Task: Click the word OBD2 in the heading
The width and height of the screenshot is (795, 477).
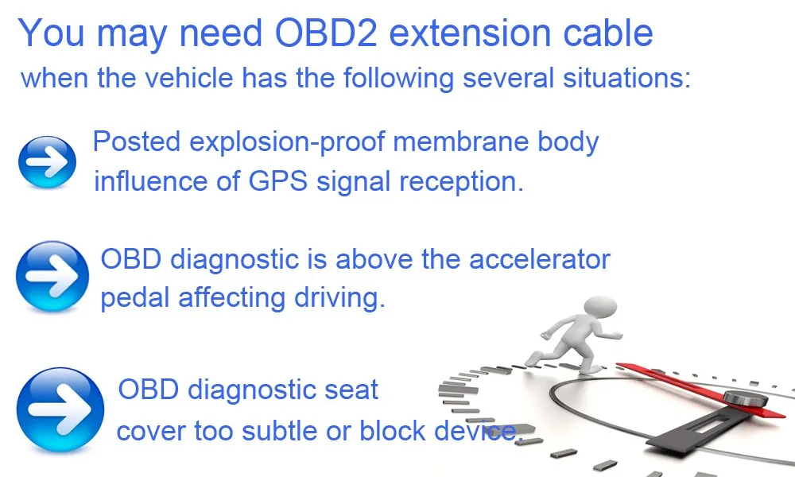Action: [326, 33]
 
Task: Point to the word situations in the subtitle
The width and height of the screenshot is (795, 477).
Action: [626, 78]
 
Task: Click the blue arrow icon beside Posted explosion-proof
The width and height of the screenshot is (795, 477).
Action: [47, 162]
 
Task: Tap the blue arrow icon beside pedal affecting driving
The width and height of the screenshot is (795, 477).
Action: [52, 277]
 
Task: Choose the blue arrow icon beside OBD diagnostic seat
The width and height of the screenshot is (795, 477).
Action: [60, 409]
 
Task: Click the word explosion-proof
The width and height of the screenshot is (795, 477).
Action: [287, 142]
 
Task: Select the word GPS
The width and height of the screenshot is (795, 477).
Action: [277, 181]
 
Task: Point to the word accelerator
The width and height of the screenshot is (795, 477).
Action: [540, 259]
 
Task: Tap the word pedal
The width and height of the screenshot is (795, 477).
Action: [134, 298]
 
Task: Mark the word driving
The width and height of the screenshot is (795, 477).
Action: [339, 298]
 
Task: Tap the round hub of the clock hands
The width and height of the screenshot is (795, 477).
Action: [745, 398]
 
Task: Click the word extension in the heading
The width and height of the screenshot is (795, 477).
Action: [470, 33]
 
